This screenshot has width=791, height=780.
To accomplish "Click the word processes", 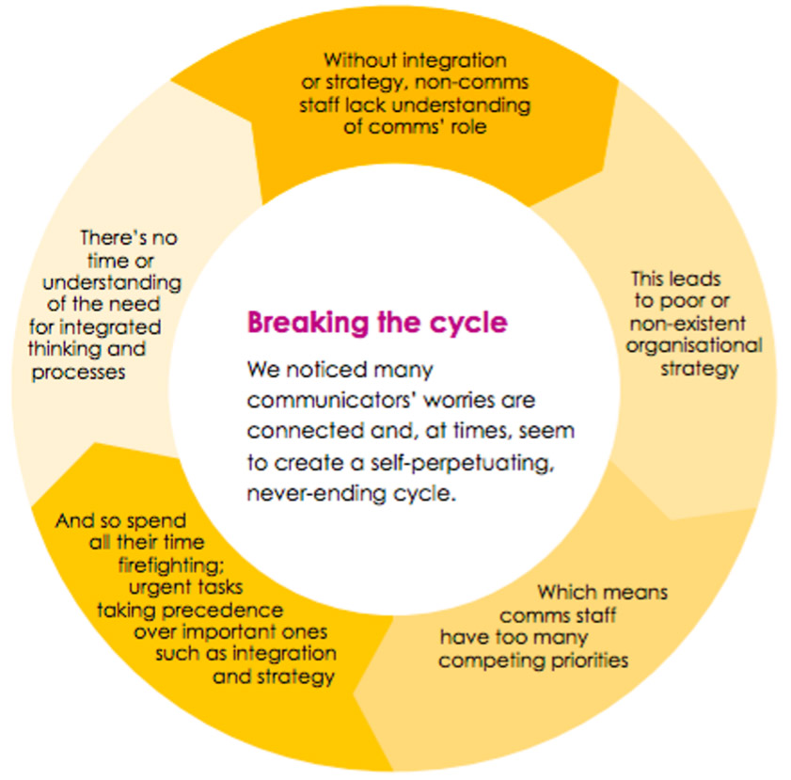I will [x=78, y=373].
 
